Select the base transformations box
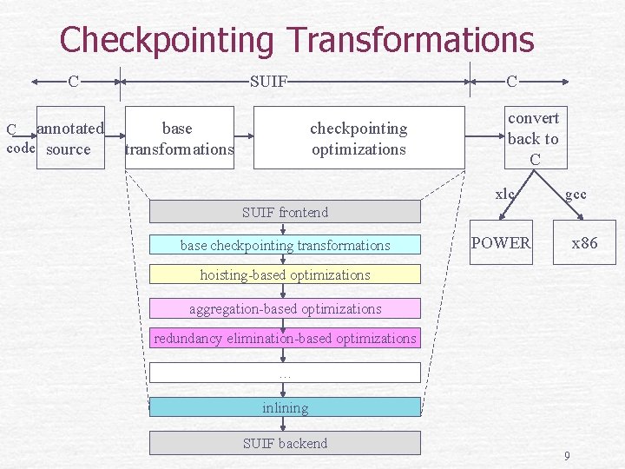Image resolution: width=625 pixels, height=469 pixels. [x=180, y=137]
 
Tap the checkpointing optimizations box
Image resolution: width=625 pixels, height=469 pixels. [x=359, y=137]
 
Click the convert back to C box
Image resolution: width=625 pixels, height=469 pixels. [x=533, y=137]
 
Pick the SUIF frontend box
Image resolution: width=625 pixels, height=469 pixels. [x=285, y=212]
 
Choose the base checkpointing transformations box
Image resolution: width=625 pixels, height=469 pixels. [x=285, y=246]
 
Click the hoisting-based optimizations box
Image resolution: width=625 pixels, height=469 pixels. [x=285, y=275]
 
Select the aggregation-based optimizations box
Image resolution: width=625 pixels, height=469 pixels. [x=285, y=308]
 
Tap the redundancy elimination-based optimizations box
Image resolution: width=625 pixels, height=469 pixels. [x=285, y=338]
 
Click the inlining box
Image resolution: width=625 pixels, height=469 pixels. [x=285, y=407]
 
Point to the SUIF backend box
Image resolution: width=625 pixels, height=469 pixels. [x=285, y=443]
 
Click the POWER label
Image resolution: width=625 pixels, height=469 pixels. [x=500, y=242]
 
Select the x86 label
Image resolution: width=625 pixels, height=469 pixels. [x=584, y=242]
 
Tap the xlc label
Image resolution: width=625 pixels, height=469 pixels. [x=505, y=195]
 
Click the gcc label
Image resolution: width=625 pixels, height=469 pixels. [x=576, y=195]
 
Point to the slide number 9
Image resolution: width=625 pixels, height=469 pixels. [x=567, y=456]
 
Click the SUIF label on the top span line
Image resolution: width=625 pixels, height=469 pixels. [x=268, y=82]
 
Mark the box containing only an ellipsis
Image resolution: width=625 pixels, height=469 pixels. [x=285, y=373]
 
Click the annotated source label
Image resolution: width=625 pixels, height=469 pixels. [x=69, y=139]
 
